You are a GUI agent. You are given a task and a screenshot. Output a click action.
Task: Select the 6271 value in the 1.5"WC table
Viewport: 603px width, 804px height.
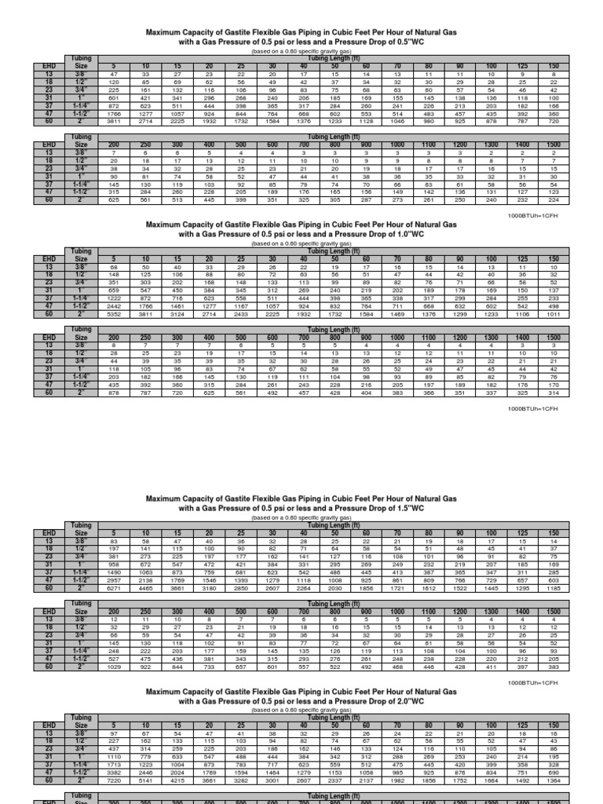pyautogui.click(x=114, y=587)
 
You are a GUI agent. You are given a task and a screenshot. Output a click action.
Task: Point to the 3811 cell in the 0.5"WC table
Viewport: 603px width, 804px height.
pyautogui.click(x=114, y=122)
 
